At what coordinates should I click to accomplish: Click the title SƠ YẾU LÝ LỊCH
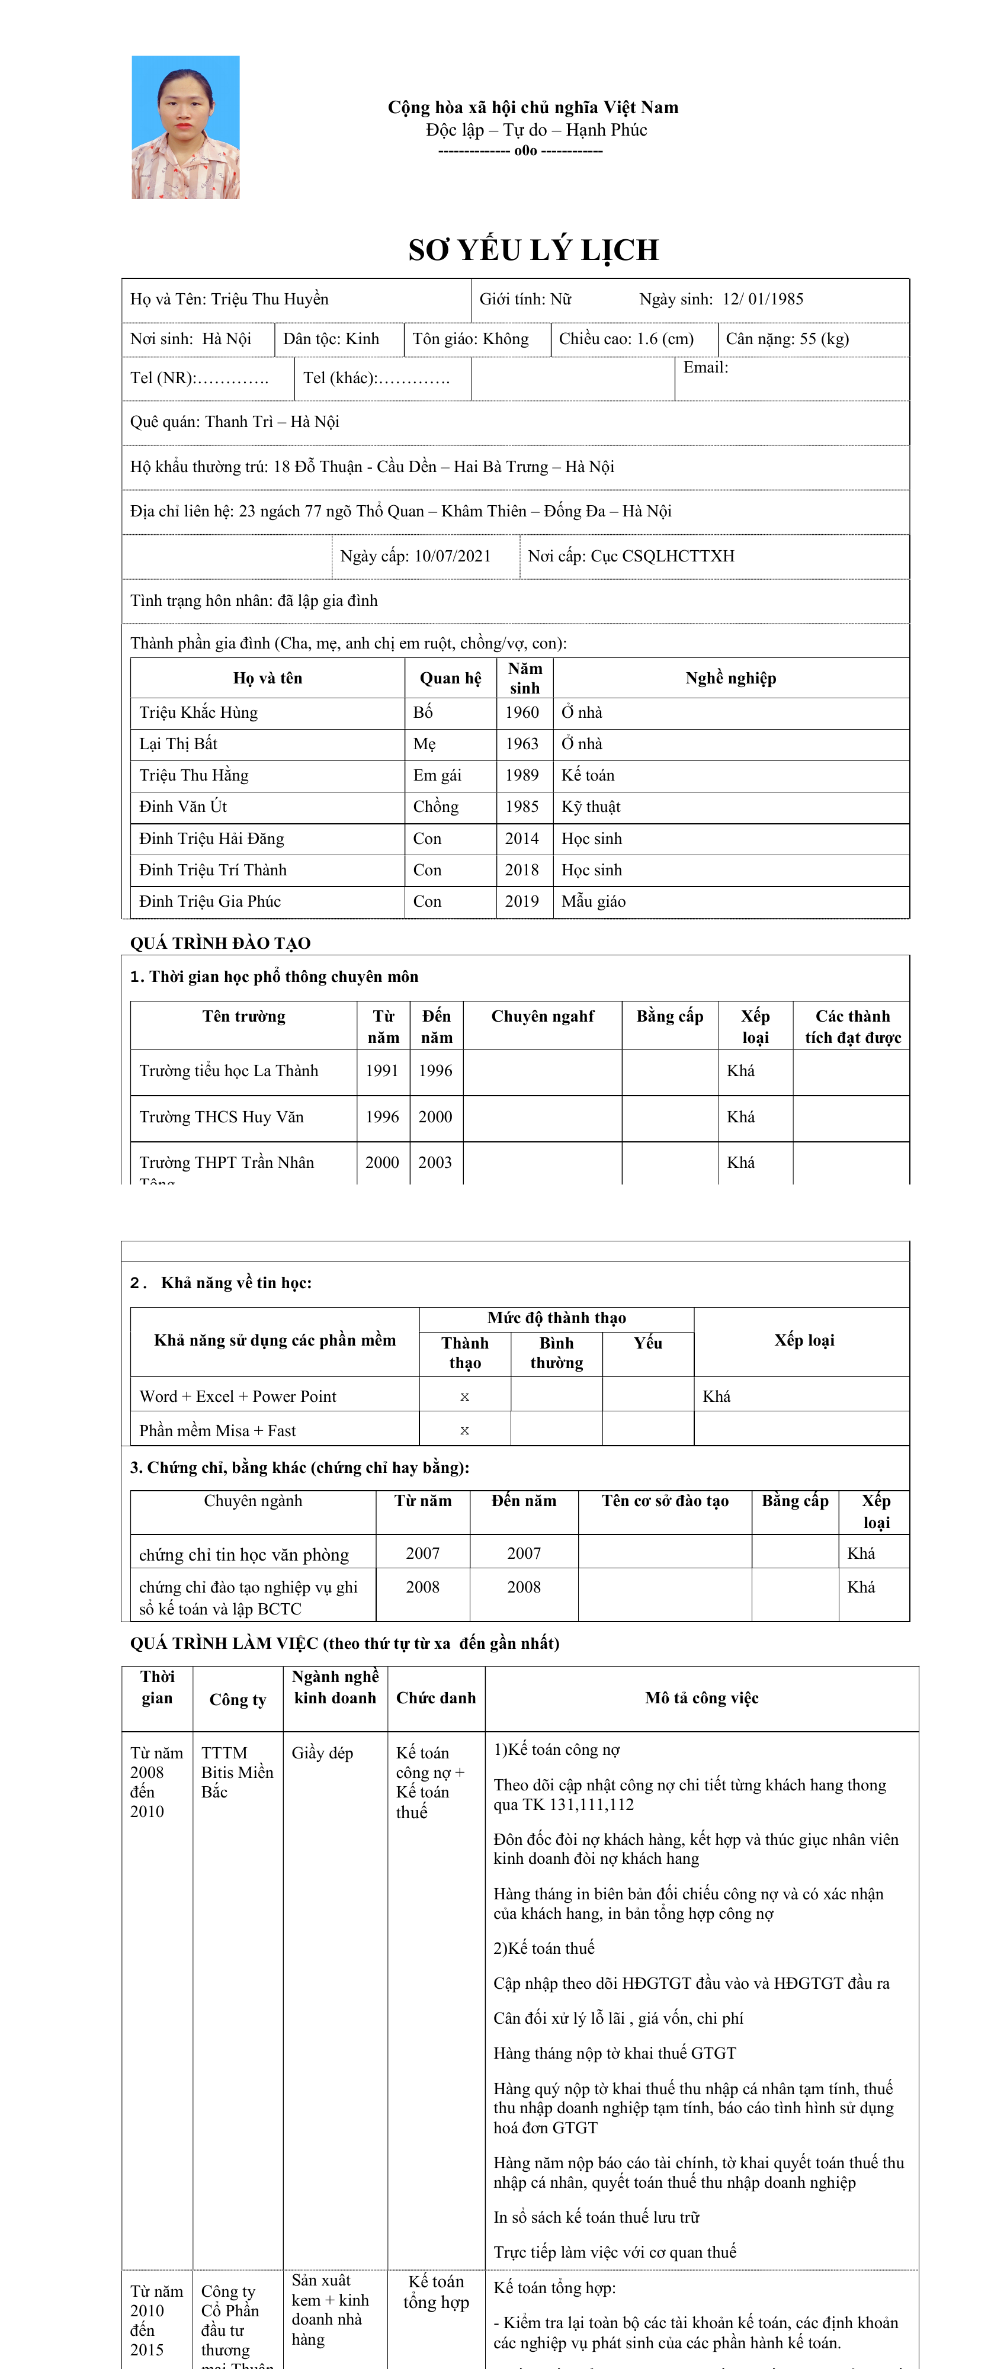pyautogui.click(x=533, y=250)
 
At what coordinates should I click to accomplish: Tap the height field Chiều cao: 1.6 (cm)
pyautogui.click(x=626, y=338)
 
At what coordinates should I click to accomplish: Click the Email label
pyautogui.click(x=705, y=367)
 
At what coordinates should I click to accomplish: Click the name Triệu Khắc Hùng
pyautogui.click(x=198, y=712)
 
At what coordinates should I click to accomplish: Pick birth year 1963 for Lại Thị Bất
pyautogui.click(x=521, y=744)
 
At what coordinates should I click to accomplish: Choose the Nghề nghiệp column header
pyautogui.click(x=730, y=678)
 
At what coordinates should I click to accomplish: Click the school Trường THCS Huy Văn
pyautogui.click(x=221, y=1116)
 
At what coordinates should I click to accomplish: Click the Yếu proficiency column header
pyautogui.click(x=647, y=1343)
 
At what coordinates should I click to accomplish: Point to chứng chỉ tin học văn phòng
pyautogui.click(x=243, y=1554)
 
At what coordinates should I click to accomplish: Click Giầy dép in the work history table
pyautogui.click(x=322, y=1753)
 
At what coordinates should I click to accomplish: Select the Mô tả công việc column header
pyautogui.click(x=701, y=1697)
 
